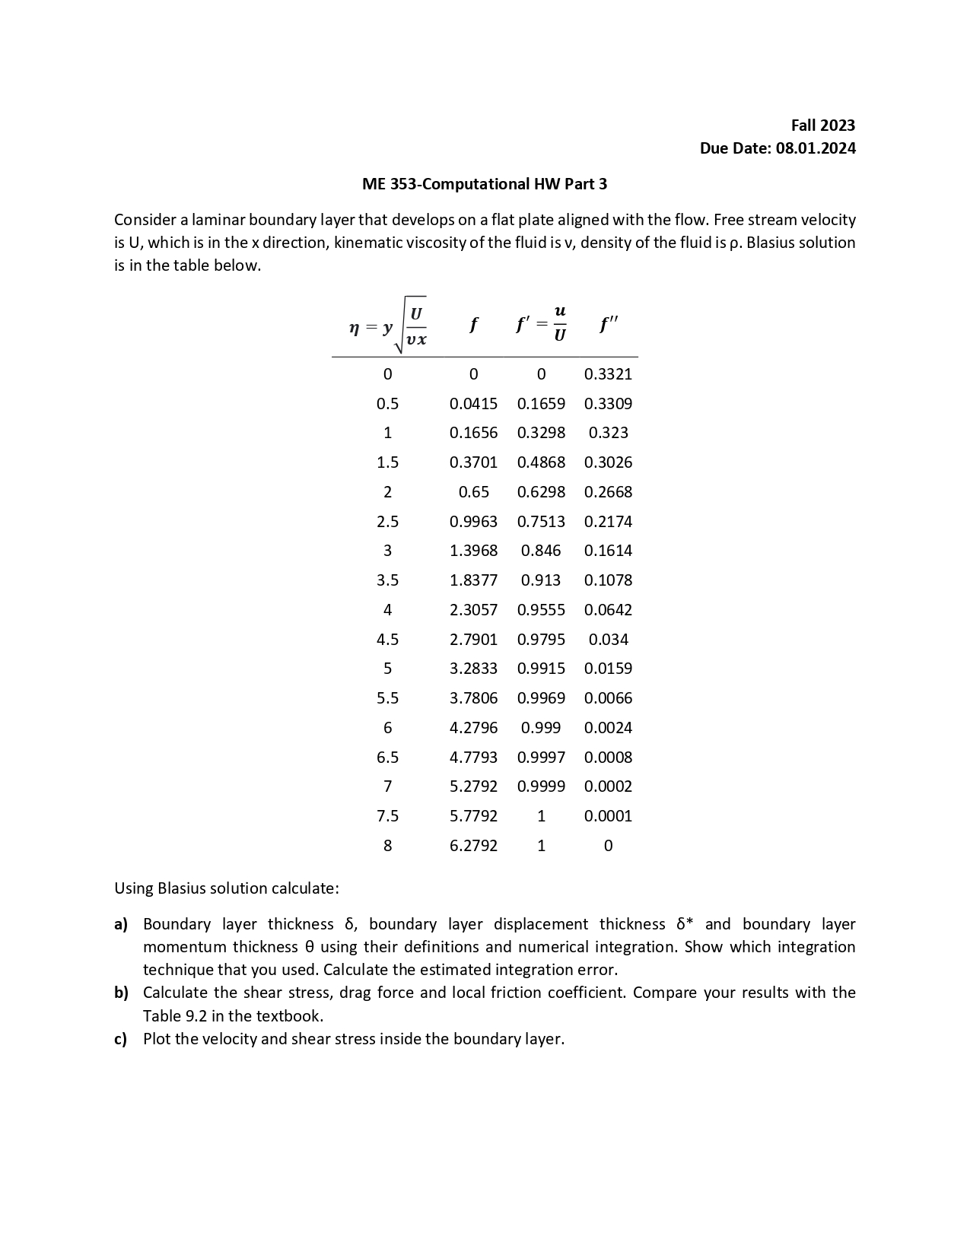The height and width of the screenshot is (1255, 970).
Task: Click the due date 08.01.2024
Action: click(815, 148)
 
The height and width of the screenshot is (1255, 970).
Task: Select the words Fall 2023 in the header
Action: click(822, 125)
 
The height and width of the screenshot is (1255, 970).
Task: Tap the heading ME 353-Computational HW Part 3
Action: click(485, 184)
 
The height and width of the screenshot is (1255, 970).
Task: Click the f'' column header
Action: click(608, 326)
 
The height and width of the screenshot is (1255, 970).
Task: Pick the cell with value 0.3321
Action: click(608, 374)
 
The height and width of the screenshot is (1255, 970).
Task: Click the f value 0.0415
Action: click(473, 404)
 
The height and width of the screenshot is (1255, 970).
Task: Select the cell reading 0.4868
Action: click(541, 462)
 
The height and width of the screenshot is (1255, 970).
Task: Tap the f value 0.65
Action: click(473, 492)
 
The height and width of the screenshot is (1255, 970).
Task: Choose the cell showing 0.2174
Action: click(608, 522)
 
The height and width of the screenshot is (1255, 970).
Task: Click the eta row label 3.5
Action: click(387, 580)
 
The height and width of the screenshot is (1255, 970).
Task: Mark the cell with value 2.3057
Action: click(473, 610)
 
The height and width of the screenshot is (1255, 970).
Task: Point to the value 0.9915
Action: click(541, 669)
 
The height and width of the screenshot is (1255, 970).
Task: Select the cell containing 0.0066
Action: click(608, 698)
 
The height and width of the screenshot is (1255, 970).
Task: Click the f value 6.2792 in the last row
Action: click(473, 846)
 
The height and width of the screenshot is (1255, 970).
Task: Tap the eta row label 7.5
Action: click(387, 816)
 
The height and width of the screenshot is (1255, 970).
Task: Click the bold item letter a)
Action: click(121, 924)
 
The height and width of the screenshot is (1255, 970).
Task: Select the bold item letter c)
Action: click(120, 1039)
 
